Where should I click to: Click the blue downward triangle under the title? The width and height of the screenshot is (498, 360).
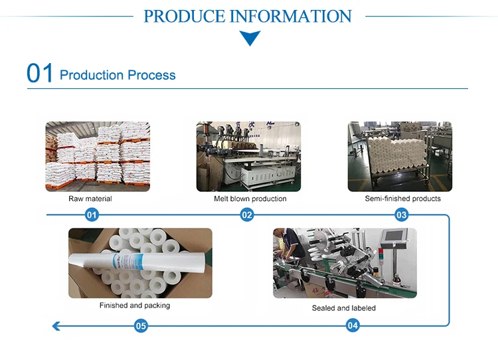coord(250,39)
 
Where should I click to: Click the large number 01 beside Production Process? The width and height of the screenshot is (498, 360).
coord(40,73)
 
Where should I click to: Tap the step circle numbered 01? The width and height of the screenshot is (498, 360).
coord(92,215)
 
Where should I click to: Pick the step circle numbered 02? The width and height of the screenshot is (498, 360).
coord(247,215)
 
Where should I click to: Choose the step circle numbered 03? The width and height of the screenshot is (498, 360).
coord(401,215)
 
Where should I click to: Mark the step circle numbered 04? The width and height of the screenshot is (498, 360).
coord(353,325)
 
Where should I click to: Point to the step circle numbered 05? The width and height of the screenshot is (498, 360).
coord(141,325)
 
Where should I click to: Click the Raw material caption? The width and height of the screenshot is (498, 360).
coord(90,199)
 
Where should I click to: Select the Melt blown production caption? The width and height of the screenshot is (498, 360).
coord(250,199)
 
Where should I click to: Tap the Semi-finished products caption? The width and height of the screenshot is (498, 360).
coord(402,199)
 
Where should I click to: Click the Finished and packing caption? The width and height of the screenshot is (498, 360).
coord(135,306)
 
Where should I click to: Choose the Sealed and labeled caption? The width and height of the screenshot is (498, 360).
coord(344,308)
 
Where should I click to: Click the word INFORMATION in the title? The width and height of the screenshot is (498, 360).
coord(290,16)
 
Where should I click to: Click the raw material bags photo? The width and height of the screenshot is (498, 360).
coord(98,157)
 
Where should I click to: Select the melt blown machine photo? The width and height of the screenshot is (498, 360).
coord(248,157)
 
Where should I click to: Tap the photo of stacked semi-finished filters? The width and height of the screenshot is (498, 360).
coord(400,157)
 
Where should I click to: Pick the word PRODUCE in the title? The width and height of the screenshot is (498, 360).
coord(185,16)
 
